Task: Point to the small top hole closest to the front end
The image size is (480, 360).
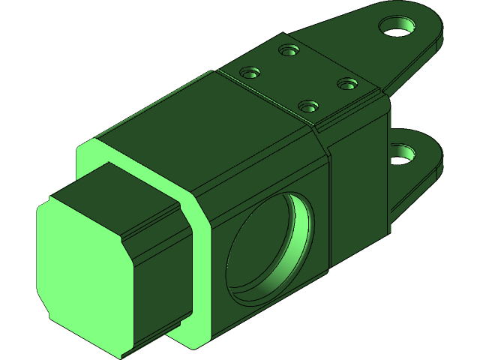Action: tap(250, 73)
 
